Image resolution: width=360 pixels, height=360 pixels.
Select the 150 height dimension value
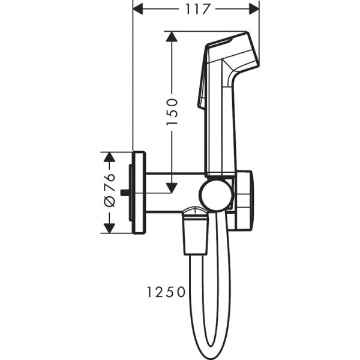click(x=172, y=112)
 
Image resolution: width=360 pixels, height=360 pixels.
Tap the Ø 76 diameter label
click(x=109, y=193)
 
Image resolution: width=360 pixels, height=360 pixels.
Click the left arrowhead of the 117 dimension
click(x=138, y=9)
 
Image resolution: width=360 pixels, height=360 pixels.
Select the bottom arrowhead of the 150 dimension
click(x=172, y=187)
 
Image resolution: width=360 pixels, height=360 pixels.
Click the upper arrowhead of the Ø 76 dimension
click(x=109, y=158)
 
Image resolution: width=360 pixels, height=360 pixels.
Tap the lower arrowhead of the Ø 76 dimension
click(x=109, y=227)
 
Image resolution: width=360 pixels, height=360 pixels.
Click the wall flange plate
click(x=139, y=193)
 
